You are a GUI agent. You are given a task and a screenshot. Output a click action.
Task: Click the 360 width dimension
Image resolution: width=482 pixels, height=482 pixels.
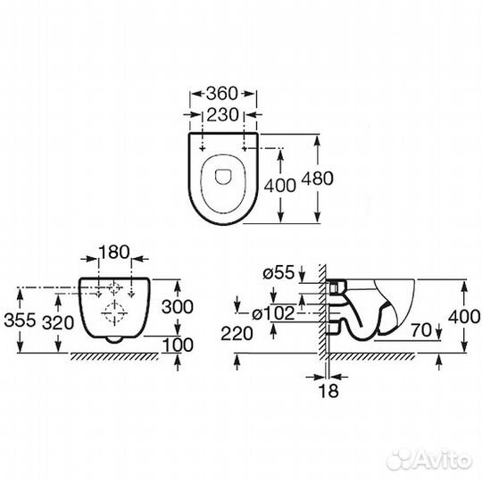click(222, 94)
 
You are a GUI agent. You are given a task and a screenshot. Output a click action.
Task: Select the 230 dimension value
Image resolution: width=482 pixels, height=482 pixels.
click(222, 114)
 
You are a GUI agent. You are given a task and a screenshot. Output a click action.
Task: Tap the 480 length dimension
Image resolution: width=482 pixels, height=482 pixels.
click(317, 179)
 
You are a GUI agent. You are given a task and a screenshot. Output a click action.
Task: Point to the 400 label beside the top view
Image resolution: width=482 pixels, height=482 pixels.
click(279, 186)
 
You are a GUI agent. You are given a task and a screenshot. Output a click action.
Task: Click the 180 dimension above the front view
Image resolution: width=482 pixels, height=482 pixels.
click(114, 252)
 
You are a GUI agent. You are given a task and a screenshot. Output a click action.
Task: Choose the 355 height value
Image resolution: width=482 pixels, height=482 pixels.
click(20, 320)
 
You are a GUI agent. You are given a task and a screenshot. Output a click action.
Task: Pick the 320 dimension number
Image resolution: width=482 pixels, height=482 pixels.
click(58, 323)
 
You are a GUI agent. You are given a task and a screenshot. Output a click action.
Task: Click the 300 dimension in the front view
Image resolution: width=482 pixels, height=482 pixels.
click(178, 306)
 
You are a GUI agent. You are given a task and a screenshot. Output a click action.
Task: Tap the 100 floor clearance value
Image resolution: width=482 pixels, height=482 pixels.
click(178, 345)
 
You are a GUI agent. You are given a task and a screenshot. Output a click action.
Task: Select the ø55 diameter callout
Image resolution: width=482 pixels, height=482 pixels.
click(278, 272)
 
